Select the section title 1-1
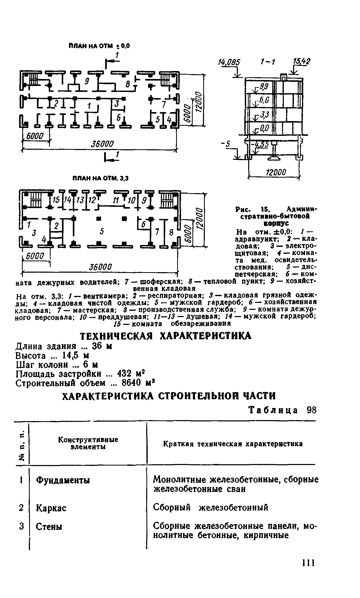coord(268,62)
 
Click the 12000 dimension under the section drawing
coord(276,172)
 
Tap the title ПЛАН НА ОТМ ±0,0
coord(99,46)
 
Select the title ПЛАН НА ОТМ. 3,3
coord(100,178)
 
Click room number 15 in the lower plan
coord(56,200)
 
